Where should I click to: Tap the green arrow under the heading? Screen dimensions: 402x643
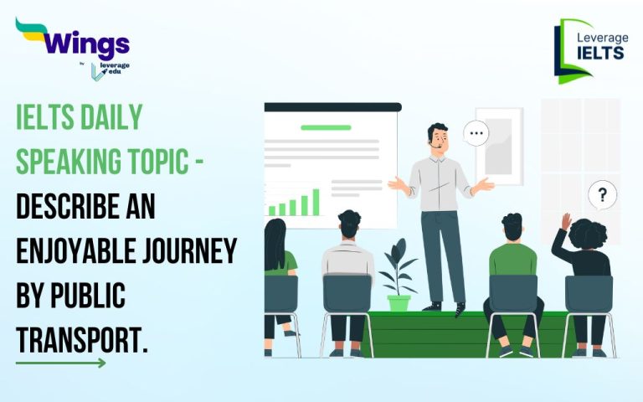tap(61, 363)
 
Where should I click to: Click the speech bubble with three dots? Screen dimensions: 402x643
tap(477, 132)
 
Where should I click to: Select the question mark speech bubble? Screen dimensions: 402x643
tap(602, 195)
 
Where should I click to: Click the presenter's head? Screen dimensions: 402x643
tap(437, 136)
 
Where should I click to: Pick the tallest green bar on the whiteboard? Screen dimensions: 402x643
tap(316, 202)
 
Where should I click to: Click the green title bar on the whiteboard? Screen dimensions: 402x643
tap(326, 128)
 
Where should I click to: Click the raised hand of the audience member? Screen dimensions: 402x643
tap(567, 221)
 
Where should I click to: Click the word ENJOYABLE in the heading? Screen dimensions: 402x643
tap(70, 249)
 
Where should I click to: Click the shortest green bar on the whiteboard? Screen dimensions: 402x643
tap(270, 211)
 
